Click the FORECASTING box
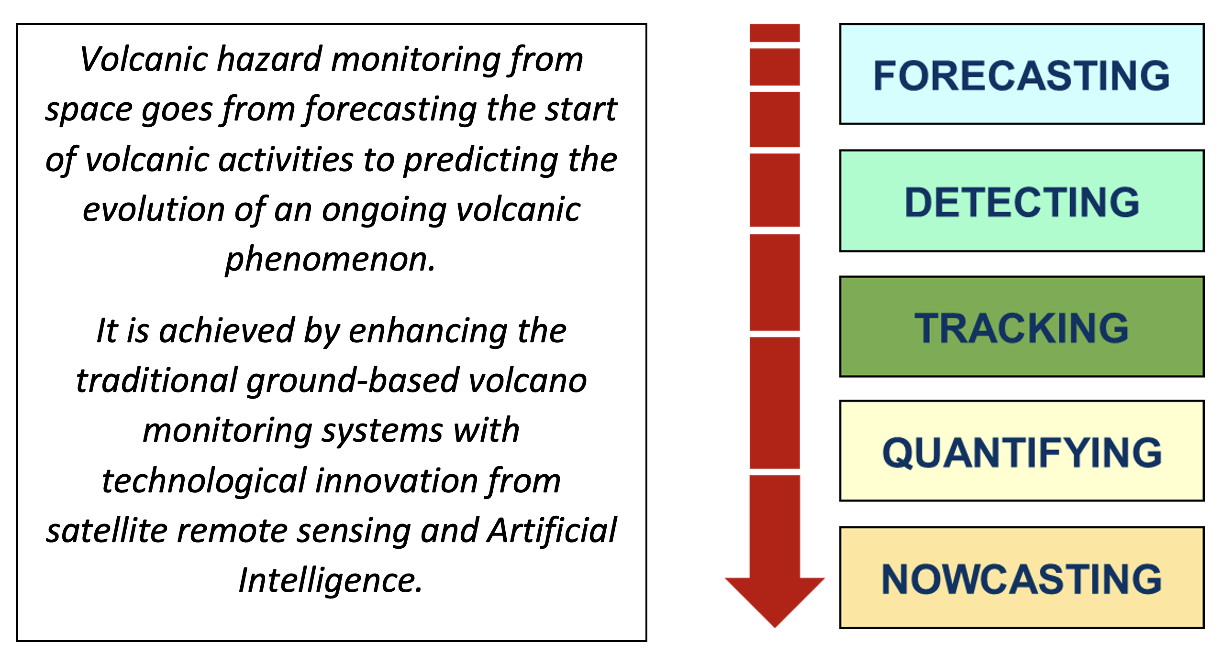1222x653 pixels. pyautogui.click(x=1021, y=74)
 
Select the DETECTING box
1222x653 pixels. pyautogui.click(x=1021, y=201)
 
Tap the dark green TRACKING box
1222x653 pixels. pyautogui.click(x=1021, y=327)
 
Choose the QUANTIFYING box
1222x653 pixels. pyautogui.click(x=1021, y=451)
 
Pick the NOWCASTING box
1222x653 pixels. pyautogui.click(x=1021, y=577)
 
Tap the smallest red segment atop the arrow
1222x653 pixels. pyautogui.click(x=775, y=33)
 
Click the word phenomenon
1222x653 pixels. pyautogui.click(x=330, y=260)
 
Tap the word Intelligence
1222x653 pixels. pyautogui.click(x=330, y=580)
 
